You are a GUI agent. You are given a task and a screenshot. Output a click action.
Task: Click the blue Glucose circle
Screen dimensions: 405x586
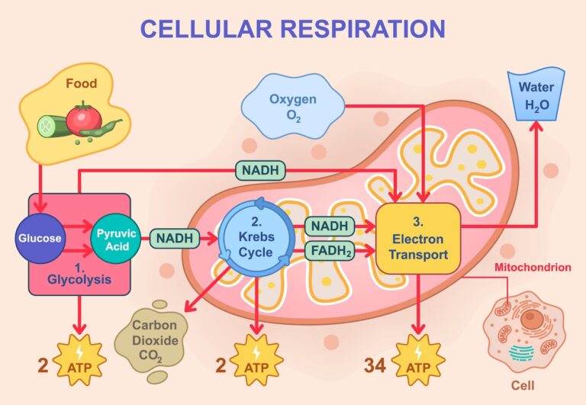pyautogui.click(x=40, y=238)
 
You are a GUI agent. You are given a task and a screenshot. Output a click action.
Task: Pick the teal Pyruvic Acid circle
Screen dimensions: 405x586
pyautogui.click(x=116, y=238)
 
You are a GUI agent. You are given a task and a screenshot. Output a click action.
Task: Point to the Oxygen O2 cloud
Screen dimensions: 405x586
pyautogui.click(x=292, y=107)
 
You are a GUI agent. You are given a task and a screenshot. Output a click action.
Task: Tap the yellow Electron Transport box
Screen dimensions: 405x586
pyautogui.click(x=418, y=238)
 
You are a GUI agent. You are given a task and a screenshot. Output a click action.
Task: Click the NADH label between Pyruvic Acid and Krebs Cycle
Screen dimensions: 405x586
pyautogui.click(x=174, y=239)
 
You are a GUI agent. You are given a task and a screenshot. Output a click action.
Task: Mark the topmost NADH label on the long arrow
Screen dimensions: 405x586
pyautogui.click(x=261, y=169)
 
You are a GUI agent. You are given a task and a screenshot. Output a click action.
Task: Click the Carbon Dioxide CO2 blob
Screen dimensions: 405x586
pyautogui.click(x=155, y=335)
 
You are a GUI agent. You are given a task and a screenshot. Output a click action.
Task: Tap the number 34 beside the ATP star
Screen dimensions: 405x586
pyautogui.click(x=375, y=365)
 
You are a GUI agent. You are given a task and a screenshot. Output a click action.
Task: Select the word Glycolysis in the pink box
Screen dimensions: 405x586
pyautogui.click(x=79, y=279)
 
